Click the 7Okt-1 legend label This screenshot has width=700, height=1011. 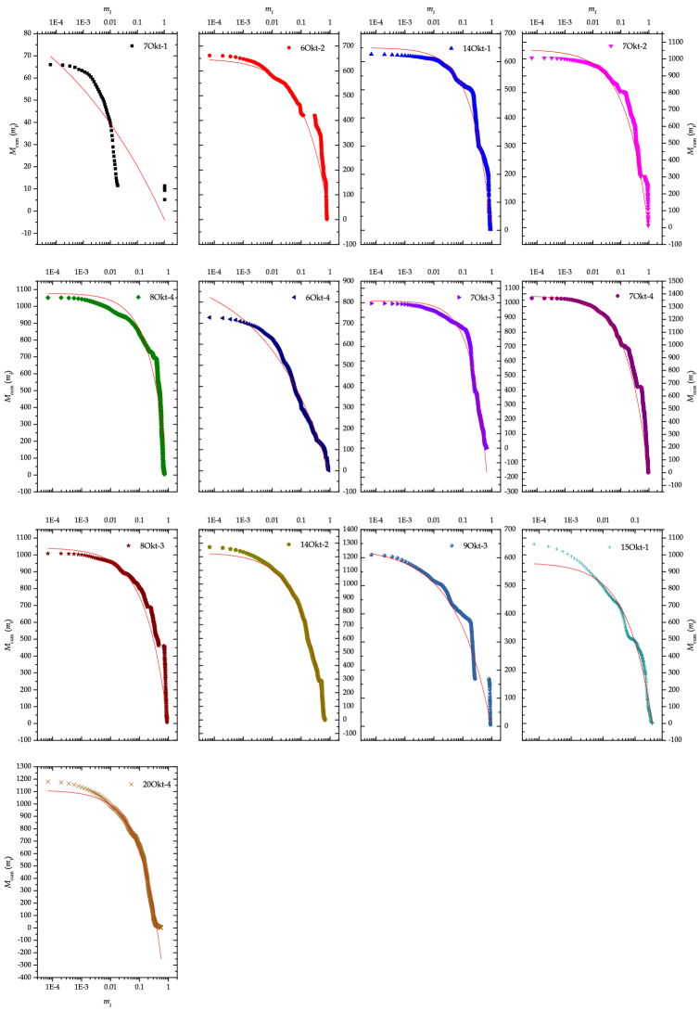(156, 46)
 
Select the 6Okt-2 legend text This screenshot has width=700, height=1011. (312, 48)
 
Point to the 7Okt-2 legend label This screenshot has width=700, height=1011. (634, 46)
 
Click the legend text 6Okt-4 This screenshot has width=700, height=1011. (317, 297)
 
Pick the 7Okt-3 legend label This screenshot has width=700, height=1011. (482, 297)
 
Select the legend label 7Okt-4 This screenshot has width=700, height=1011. (641, 296)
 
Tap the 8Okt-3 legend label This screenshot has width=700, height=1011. (152, 545)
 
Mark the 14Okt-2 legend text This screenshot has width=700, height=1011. (314, 544)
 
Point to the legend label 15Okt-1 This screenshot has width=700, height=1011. (634, 547)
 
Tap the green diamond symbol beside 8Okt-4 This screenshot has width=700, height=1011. (138, 297)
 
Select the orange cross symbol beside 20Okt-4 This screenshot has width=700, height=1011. (131, 785)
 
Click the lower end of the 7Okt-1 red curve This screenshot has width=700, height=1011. (165, 221)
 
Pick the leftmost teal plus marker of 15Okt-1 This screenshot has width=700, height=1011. (534, 544)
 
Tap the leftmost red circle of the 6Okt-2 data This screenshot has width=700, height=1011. (210, 56)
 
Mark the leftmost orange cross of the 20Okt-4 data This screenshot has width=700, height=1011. (48, 782)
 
